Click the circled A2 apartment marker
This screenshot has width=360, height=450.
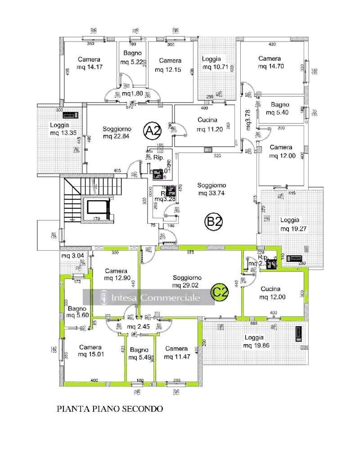pyautogui.click(x=152, y=130)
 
